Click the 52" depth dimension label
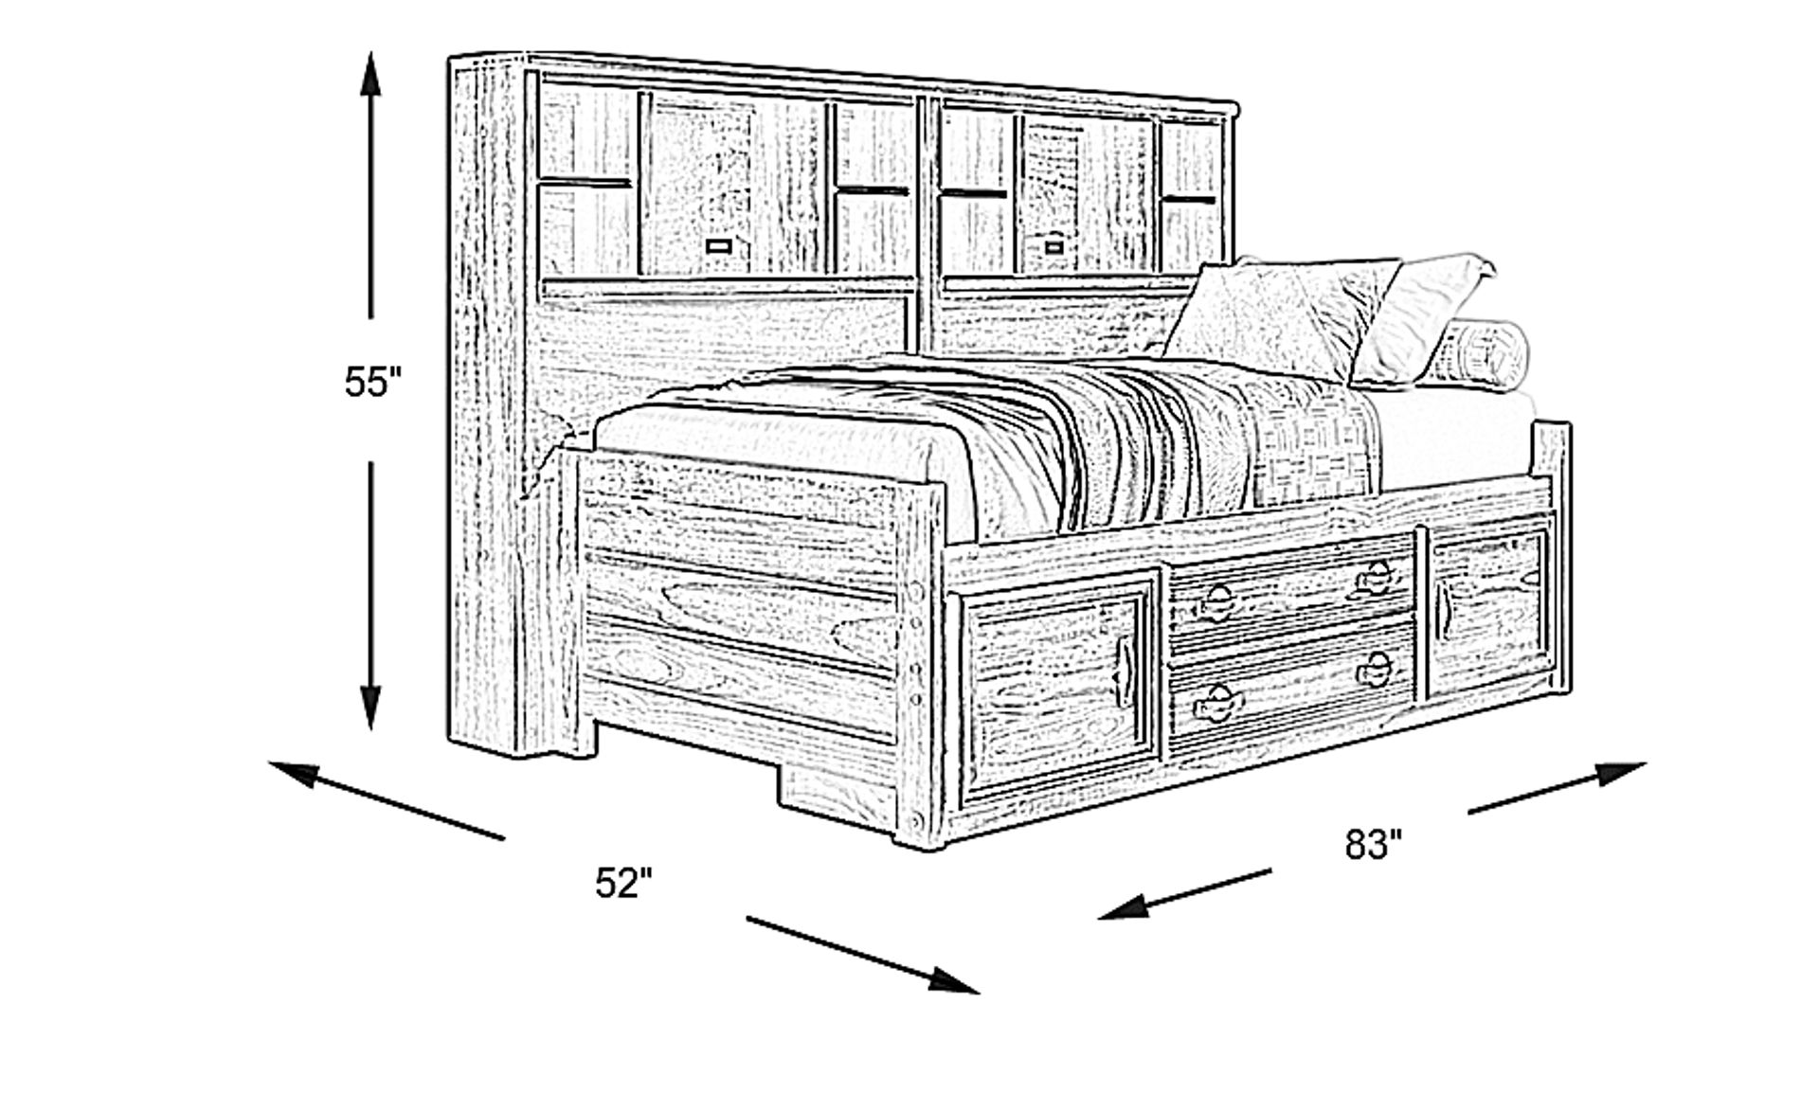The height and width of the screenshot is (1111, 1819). pos(623,883)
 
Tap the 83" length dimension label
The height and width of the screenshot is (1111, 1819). pos(1374,844)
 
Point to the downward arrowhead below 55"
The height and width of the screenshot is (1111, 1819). pos(370,707)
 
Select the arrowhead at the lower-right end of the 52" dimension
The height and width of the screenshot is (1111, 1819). pos(955,980)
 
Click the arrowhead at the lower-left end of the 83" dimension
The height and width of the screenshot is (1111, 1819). pos(1123,907)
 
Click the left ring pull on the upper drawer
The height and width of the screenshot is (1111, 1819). pos(1217,600)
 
